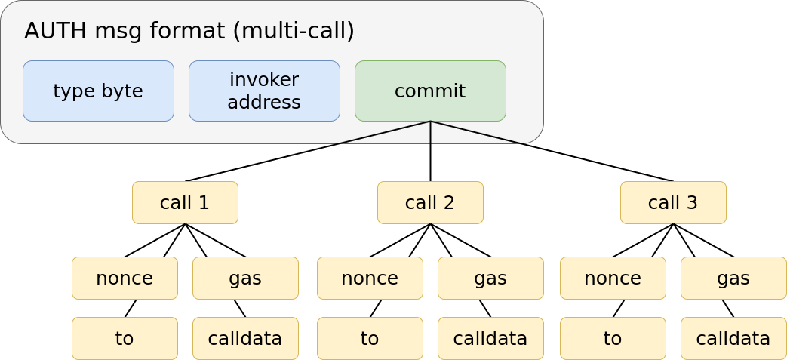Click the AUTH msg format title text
tap(189, 31)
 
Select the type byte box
tap(98, 91)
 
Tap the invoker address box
tap(264, 91)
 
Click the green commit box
tap(430, 91)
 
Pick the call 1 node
tap(185, 202)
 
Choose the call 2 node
tap(430, 202)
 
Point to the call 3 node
tap(673, 202)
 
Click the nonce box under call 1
tap(125, 278)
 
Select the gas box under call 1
tap(245, 278)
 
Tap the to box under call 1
tap(125, 338)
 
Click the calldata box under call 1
tap(245, 338)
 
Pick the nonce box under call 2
tap(370, 278)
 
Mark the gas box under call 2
tap(490, 278)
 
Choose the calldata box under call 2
tap(490, 338)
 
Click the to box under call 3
tap(613, 338)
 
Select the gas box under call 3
tap(733, 278)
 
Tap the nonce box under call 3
tap(613, 278)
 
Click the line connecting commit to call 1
tap(308, 151)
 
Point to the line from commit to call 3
tap(552, 151)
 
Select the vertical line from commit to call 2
tap(430, 151)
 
